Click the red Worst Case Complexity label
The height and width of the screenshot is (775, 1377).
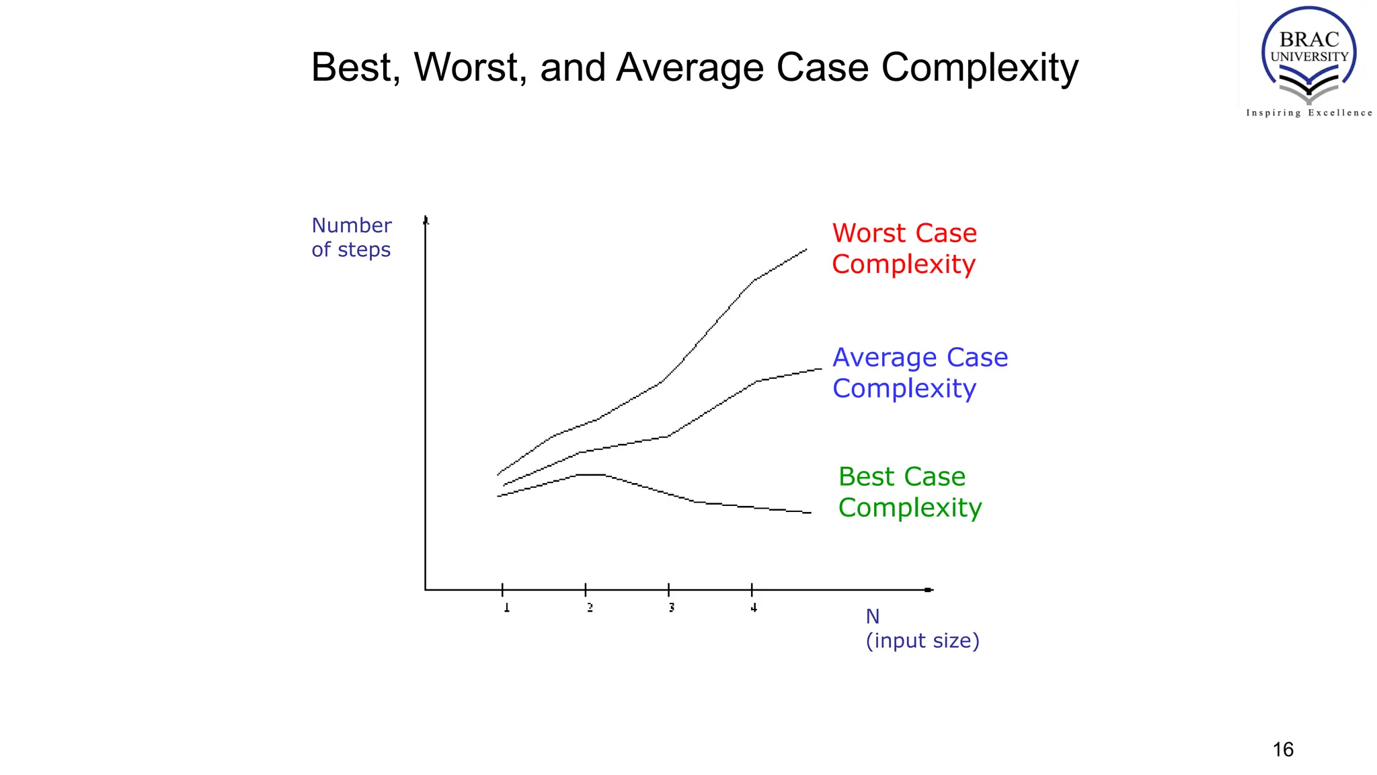(904, 248)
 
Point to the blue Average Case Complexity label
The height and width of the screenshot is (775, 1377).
(920, 373)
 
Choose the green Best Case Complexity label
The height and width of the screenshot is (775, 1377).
(910, 492)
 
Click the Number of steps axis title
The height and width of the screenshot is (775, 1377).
(351, 237)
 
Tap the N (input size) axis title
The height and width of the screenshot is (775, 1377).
(921, 628)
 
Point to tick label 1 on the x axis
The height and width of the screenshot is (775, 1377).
(507, 607)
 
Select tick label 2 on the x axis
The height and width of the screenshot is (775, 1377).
(590, 607)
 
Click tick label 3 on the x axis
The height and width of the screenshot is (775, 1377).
(672, 607)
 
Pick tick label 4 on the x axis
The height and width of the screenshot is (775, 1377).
(754, 607)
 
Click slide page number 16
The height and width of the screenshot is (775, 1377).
(1283, 749)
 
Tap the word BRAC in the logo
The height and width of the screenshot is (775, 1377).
(1309, 40)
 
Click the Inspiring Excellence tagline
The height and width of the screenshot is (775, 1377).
(1308, 113)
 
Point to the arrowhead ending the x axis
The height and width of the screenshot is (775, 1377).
(929, 590)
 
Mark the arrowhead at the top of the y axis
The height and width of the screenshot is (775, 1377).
(426, 220)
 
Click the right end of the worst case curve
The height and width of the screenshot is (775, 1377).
(805, 250)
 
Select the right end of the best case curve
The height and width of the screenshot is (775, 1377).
(810, 513)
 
